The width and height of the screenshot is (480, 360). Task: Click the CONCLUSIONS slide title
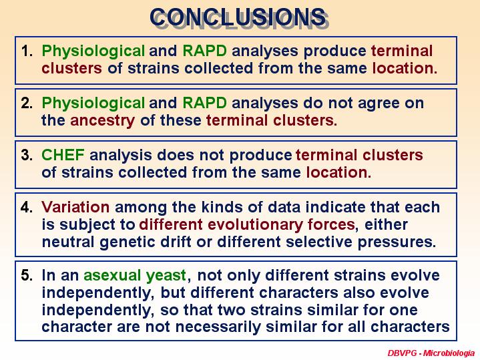coord(238,17)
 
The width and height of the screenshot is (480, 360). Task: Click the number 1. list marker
coord(27,51)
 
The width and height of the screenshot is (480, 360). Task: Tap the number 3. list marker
coord(27,155)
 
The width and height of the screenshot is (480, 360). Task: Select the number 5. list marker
coord(27,275)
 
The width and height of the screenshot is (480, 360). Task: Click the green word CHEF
coord(63,155)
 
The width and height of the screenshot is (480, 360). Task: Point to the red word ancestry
coord(103,121)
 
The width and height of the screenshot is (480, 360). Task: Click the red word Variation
coord(75,207)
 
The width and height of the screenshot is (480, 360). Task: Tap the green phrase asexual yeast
coord(135,276)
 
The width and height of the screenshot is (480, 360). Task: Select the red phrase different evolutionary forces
coord(247,225)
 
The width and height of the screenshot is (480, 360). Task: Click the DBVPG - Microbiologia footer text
coord(431,353)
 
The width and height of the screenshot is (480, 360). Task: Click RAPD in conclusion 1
coord(204,51)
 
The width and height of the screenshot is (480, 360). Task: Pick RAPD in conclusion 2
coord(204,103)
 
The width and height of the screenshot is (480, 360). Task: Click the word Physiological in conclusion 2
coord(93,104)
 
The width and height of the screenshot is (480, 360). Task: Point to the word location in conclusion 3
coord(338,172)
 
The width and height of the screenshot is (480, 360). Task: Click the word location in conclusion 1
coord(405,68)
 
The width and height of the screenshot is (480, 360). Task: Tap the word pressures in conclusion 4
coord(397,242)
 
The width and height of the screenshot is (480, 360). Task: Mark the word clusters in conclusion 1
coord(71,68)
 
